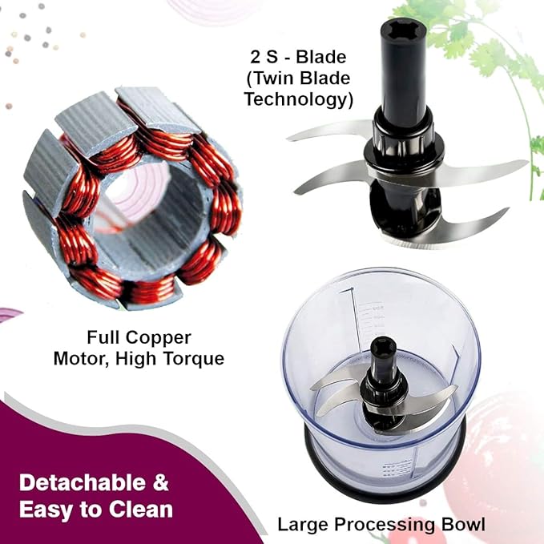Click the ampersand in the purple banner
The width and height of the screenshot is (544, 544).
(161, 483)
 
